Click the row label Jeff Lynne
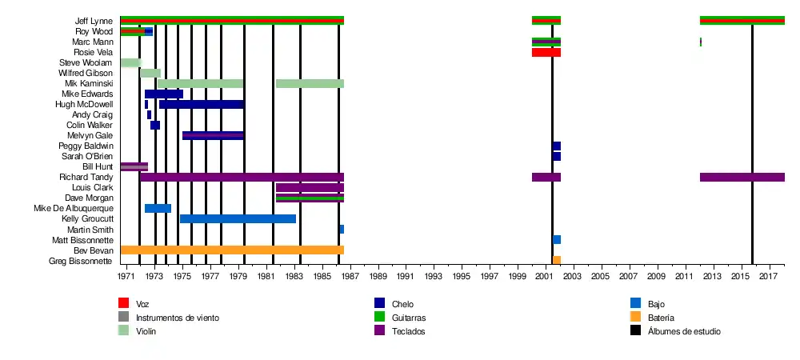94,21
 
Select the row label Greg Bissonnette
81,261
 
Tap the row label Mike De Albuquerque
73,209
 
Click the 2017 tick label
770,277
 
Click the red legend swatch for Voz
124,303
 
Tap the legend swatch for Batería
636,317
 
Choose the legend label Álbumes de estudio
685,331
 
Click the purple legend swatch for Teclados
380,330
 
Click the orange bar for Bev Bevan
232,250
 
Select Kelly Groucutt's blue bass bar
238,219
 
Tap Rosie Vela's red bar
546,53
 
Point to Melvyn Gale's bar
213,136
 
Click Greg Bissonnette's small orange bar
557,261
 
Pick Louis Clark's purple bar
310,188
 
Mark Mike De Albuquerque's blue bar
158,209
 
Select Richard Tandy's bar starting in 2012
742,178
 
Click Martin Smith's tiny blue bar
342,230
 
